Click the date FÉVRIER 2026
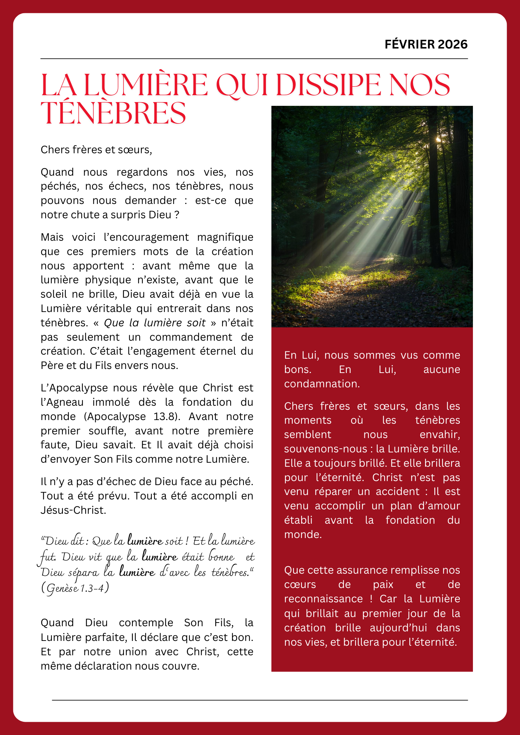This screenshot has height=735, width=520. pos(426,44)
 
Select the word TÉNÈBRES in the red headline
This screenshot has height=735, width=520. pos(113,113)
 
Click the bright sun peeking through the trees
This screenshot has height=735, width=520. pos(438,139)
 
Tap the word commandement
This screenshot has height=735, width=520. pos(191,337)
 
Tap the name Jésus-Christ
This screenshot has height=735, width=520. pos(73,510)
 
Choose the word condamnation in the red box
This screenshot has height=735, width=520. pos(321,384)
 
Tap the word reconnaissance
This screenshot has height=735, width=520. pos(323,599)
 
